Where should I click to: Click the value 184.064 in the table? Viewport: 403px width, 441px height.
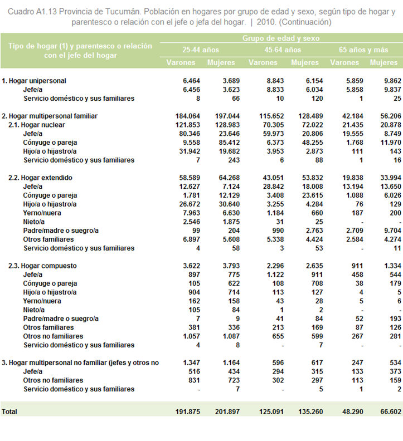point(187,116)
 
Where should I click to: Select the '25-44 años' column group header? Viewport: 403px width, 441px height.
point(201,50)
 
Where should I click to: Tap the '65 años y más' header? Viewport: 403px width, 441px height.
point(363,50)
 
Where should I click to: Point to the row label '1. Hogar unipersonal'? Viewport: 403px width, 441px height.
point(34,81)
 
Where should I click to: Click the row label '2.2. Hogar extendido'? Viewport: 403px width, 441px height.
point(40,178)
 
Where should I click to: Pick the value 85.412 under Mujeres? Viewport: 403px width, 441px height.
point(229,143)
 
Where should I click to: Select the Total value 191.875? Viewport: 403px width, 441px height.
point(187,411)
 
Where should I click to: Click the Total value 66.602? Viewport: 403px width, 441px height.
point(391,411)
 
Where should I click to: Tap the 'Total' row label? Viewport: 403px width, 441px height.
point(9,411)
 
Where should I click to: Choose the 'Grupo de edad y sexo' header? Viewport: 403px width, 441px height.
point(281,38)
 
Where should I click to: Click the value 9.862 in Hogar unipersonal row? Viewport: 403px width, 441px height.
point(392,81)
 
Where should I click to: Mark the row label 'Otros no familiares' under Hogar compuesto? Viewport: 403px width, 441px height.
point(53,336)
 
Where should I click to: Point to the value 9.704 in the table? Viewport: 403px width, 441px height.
point(392,231)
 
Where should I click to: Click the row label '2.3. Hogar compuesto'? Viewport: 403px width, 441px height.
point(42,266)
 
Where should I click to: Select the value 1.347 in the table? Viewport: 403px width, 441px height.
point(192,363)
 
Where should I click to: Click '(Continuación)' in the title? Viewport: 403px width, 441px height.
point(305,22)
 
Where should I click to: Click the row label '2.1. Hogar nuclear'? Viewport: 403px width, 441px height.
point(37,125)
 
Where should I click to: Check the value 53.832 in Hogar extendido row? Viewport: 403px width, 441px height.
point(313,178)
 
